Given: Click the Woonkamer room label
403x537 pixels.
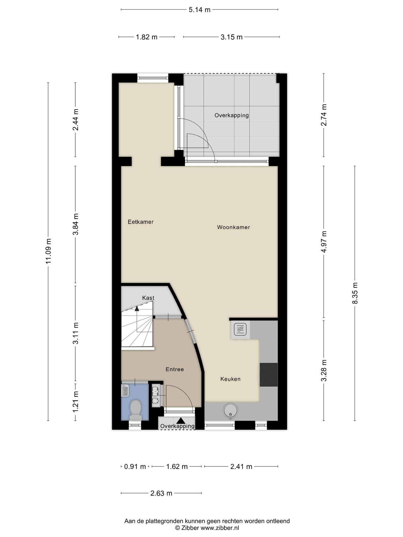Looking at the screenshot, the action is point(233,227).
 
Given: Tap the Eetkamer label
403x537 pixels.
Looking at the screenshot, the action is point(141,222).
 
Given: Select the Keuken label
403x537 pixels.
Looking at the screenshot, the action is point(230,379).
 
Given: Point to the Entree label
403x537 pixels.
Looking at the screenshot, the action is point(175,369).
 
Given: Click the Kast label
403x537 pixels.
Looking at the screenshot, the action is point(148,298).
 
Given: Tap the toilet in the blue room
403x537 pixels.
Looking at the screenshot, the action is point(136,410).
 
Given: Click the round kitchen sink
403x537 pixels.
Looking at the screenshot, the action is point(230,411).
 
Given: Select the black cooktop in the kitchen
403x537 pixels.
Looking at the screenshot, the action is point(269,375).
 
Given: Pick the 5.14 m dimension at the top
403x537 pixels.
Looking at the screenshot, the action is point(200,10).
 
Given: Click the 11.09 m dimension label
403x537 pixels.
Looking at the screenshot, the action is point(48,251).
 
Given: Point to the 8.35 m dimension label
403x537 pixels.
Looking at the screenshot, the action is point(355,293).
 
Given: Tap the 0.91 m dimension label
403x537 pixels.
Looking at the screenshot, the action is point(135,466).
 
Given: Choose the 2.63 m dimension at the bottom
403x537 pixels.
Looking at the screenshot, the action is point(161,493).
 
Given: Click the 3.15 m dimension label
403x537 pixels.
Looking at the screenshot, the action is point(231,37).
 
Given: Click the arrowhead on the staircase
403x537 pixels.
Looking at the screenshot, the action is point(137,309).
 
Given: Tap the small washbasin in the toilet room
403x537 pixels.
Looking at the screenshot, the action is point(125,390).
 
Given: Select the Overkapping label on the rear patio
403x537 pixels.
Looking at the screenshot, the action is point(232,115).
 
